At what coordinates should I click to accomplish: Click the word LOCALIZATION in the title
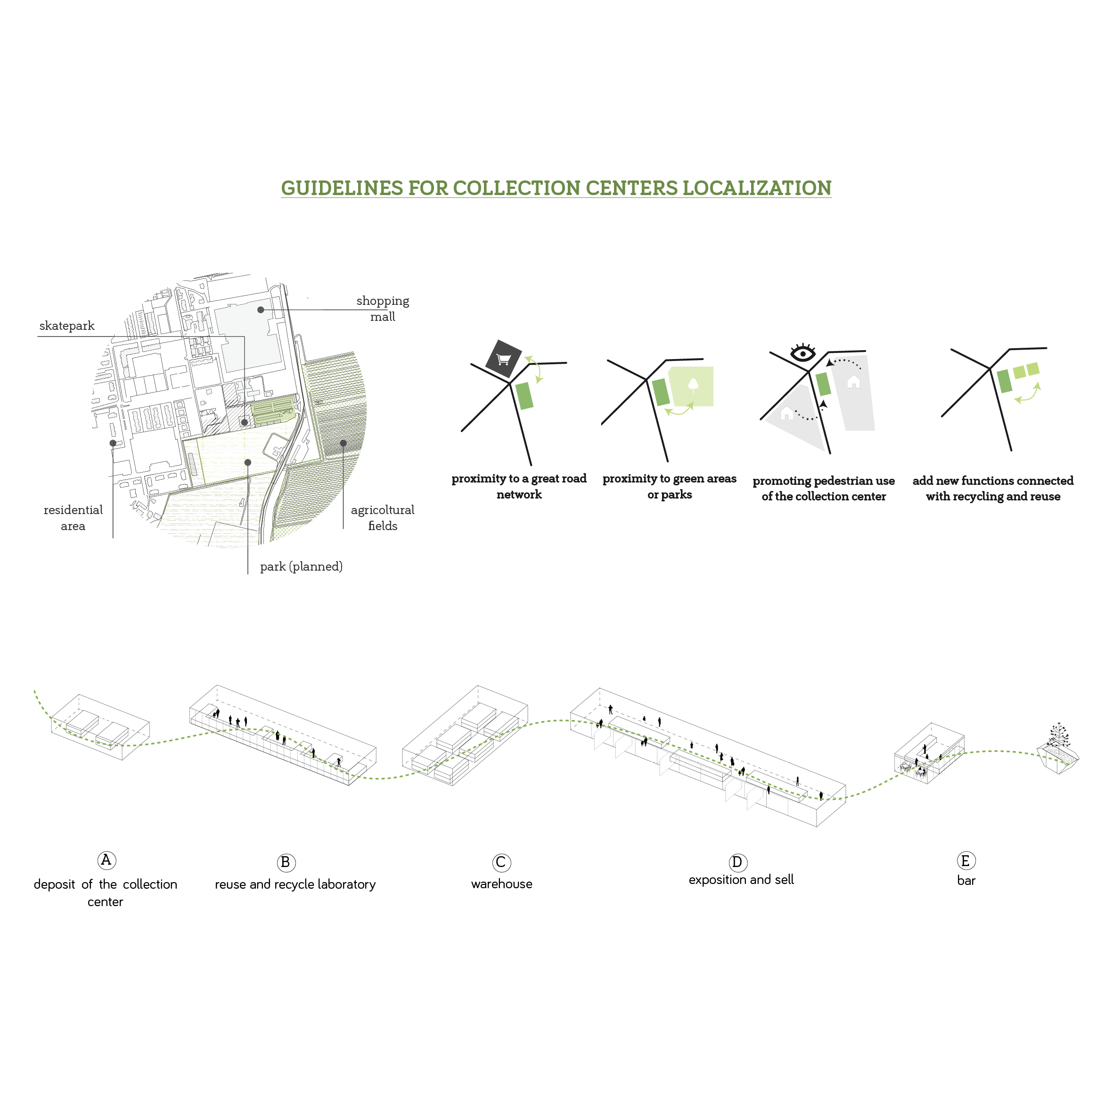click(756, 188)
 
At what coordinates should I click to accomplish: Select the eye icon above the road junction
click(802, 352)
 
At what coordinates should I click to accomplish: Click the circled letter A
click(106, 860)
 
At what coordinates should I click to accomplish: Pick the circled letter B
click(286, 862)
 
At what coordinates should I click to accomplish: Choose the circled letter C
click(501, 862)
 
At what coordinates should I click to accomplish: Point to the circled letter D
click(737, 862)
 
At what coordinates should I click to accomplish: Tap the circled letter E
click(966, 861)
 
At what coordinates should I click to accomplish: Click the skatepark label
click(67, 326)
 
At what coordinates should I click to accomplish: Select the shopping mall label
click(383, 308)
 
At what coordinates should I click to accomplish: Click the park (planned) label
click(301, 566)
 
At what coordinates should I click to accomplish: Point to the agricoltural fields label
click(383, 517)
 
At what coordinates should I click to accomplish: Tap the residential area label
click(73, 517)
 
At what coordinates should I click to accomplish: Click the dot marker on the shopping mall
click(261, 310)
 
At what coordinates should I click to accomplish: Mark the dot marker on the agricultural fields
click(344, 443)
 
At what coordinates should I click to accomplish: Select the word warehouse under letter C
click(501, 884)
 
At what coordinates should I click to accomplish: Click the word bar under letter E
click(966, 880)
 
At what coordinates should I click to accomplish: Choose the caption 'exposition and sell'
click(741, 880)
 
